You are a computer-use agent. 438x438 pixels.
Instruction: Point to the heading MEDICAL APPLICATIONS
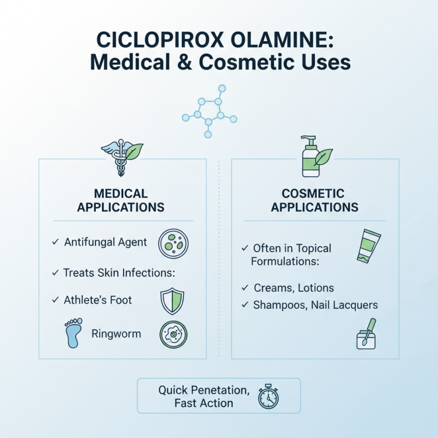pos(120,200)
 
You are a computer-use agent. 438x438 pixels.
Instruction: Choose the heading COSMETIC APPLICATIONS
pos(314,200)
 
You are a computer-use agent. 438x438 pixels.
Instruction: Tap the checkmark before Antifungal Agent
pos(55,241)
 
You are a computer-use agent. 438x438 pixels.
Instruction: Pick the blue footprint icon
pos(72,332)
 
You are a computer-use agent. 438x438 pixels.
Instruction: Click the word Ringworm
pos(116,333)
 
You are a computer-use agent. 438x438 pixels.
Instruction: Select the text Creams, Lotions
pos(293,288)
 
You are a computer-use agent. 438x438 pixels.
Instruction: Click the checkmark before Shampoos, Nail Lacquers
pos(245,305)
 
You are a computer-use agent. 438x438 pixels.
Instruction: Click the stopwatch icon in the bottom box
pos(269,396)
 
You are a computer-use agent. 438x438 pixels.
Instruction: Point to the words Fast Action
pos(204,404)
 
